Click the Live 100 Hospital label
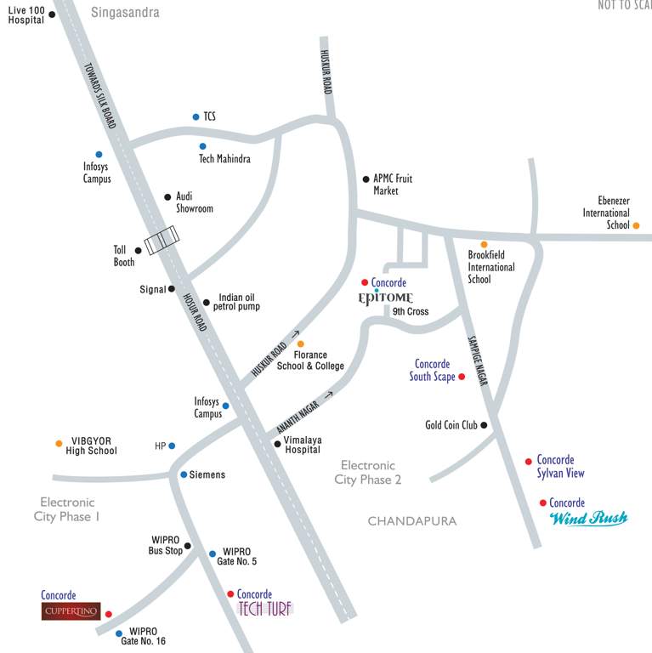point(26,14)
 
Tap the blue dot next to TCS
point(196,116)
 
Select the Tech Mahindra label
point(224,159)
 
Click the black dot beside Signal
point(172,289)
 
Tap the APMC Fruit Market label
point(393,185)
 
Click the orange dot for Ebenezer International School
point(636,225)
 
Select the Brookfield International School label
point(491,267)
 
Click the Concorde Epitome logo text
point(386,298)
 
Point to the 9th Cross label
point(411,312)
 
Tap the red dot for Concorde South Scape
point(462,377)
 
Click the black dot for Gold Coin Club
point(484,425)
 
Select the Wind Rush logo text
point(588,518)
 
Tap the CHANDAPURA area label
point(412,521)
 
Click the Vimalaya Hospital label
point(303,445)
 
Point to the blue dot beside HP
point(172,446)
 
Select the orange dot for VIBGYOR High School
point(59,444)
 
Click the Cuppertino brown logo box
point(71,611)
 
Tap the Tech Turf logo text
point(264,609)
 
